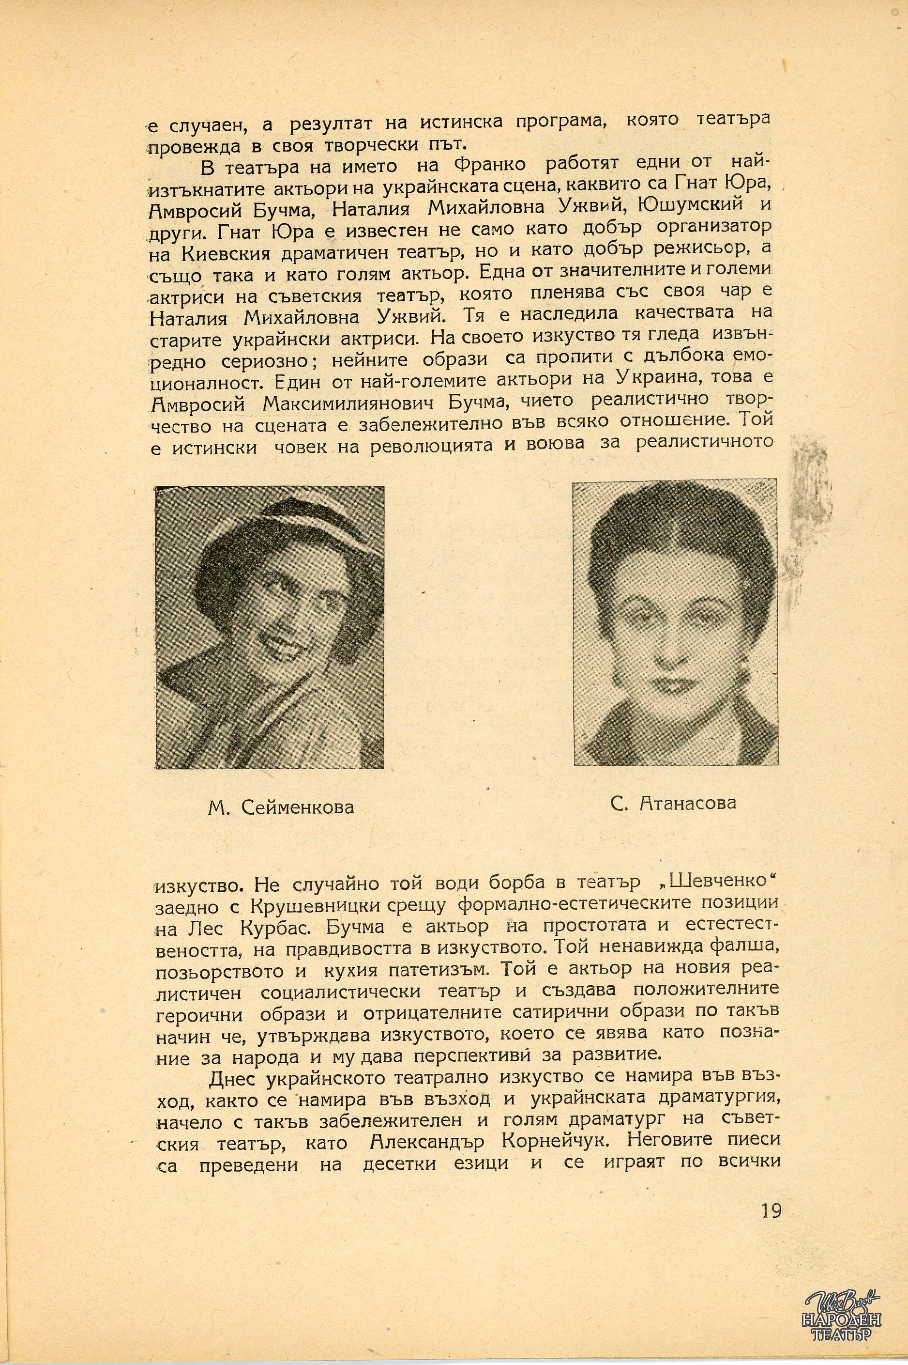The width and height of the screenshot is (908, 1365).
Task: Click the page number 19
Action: [x=772, y=1239]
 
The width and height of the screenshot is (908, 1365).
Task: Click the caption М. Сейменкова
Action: [x=281, y=807]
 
